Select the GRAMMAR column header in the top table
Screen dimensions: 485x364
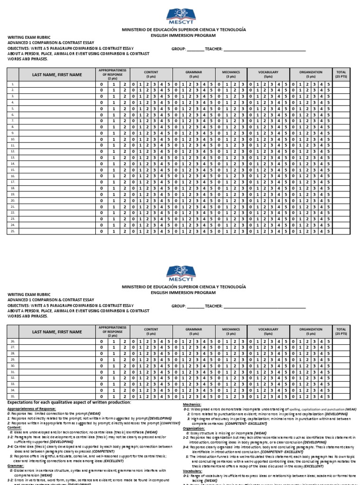pyautogui.click(x=193, y=74)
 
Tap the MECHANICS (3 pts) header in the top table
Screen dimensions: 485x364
pyautogui.click(x=231, y=74)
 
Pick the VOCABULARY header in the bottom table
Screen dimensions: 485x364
pyautogui.click(x=268, y=331)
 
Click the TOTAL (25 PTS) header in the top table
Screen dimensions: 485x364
pyautogui.click(x=341, y=74)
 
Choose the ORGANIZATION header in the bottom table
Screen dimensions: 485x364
pyautogui.click(x=310, y=331)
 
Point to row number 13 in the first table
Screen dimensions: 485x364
pyautogui.click(x=13, y=157)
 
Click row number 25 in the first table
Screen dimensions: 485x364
pyautogui.click(x=13, y=231)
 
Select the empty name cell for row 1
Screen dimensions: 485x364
pyautogui.click(x=57, y=84)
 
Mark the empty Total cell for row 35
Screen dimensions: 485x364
pyautogui.click(x=341, y=396)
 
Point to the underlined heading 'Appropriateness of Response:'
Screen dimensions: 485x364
pyautogui.click(x=32, y=408)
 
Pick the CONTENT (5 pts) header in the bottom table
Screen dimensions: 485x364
pyautogui.click(x=151, y=331)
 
